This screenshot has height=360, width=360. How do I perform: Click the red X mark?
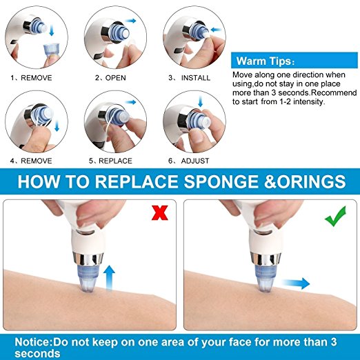pos(160,212)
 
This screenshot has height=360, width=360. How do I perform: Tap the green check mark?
pos(335,217)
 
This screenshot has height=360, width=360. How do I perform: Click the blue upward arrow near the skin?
pos(109,278)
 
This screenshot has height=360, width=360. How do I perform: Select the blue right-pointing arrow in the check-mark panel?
pos(296,283)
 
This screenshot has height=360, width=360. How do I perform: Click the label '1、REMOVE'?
pos(31,78)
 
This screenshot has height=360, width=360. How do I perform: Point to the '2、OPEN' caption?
pos(110,78)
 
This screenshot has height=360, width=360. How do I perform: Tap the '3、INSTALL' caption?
pos(189,78)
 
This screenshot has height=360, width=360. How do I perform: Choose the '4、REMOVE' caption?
pos(31,161)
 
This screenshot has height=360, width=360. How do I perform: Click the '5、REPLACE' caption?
pos(110,161)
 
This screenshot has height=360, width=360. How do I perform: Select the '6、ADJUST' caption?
pos(189,161)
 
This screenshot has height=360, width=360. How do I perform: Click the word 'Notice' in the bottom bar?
pos(32,342)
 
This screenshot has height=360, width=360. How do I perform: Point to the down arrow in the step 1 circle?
pos(52,31)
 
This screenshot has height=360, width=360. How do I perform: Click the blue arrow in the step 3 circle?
pos(217,30)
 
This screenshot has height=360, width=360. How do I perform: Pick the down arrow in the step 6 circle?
pos(201,101)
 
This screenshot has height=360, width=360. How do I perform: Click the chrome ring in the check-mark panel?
pos(267,258)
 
